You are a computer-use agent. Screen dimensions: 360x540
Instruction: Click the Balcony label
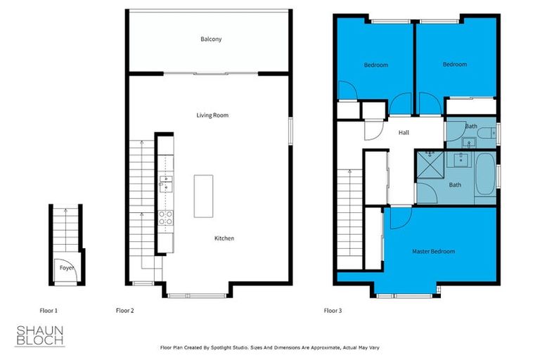pos(211,39)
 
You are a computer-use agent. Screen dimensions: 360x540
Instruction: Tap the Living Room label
pos(212,115)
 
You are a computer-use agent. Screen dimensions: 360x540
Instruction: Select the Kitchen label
pos(224,238)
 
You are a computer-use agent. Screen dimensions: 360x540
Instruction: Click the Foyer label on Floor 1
pos(66,268)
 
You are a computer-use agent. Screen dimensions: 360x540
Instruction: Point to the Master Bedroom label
pos(433,251)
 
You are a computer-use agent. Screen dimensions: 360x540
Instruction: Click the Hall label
pos(404,132)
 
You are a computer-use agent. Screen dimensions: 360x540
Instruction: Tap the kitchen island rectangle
pos(203,195)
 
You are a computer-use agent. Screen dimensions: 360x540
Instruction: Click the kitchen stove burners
pos(166,218)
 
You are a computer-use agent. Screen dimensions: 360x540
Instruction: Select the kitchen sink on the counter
pos(166,184)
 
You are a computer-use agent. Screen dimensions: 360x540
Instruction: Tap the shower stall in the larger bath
pos(429,163)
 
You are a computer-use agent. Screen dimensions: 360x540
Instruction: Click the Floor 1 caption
pos(48,309)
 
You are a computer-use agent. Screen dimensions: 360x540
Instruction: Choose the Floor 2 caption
pos(124,309)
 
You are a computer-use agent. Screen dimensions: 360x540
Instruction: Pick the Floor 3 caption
pos(333,309)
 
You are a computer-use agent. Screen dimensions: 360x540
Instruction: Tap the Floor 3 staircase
pos(349,211)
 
